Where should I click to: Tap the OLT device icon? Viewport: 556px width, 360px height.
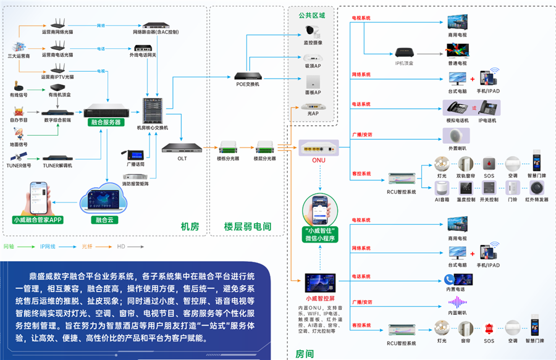tap(182, 148)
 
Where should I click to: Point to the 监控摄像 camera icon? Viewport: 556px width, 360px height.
tap(312, 31)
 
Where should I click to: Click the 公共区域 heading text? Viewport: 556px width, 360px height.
tap(312, 14)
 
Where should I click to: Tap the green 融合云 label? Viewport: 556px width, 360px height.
tap(104, 219)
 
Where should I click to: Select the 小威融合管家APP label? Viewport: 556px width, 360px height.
tap(38, 219)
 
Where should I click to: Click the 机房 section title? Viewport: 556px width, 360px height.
tap(190, 227)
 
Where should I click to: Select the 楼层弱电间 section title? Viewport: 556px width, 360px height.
tap(248, 227)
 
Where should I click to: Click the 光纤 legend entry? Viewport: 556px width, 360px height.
tap(87, 246)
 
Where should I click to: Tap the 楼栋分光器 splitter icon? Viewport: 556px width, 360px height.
tap(228, 148)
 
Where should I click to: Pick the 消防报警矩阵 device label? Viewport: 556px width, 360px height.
tap(134, 183)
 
